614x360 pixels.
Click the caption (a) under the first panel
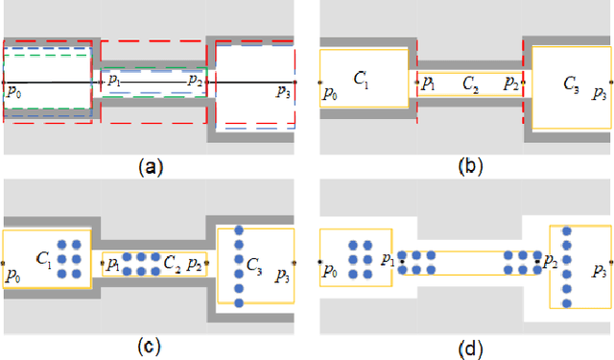(x=150, y=167)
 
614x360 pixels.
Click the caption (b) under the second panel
(x=470, y=167)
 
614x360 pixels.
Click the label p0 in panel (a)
(x=15, y=92)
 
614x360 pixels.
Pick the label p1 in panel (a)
(x=114, y=81)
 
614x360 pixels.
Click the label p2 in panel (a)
(x=196, y=81)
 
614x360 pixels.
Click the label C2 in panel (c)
(x=171, y=261)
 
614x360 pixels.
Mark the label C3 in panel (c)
(x=254, y=263)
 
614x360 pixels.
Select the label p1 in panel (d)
(x=388, y=259)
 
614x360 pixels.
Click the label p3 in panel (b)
(x=599, y=93)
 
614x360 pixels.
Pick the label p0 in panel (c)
(x=15, y=274)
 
